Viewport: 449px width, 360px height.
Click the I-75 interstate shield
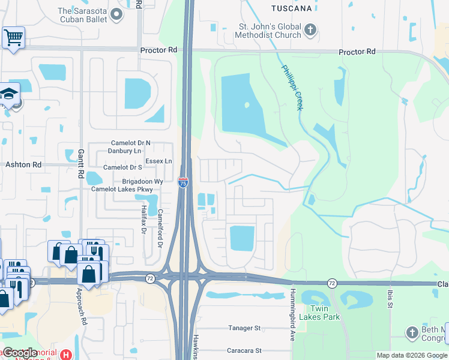coord(183,182)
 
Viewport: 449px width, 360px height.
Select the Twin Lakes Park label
coord(325,313)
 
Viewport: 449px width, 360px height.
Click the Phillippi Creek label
coord(292,86)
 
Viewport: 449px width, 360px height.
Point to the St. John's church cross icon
coord(310,29)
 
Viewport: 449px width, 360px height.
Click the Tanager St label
coord(244,328)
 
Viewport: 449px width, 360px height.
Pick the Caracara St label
coord(244,350)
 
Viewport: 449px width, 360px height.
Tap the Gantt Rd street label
coord(80,164)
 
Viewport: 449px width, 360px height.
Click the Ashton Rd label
coord(23,164)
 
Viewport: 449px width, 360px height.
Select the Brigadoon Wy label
coord(143,181)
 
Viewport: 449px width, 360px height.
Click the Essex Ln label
coord(159,161)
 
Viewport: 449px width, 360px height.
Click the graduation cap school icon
coord(10,94)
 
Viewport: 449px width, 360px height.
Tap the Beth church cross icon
coord(412,332)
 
